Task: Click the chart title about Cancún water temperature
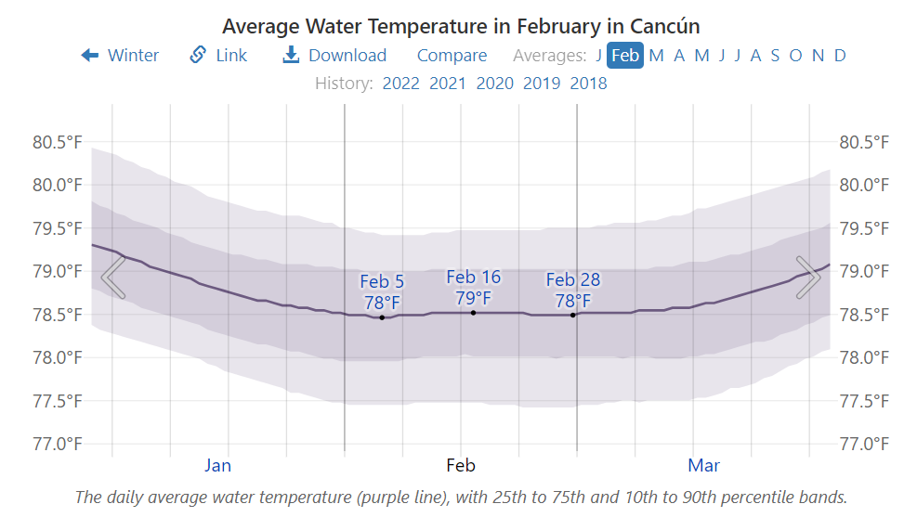click(x=461, y=25)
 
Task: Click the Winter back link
click(x=121, y=56)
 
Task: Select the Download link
click(x=334, y=56)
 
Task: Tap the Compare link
click(x=452, y=56)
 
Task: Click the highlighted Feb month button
click(x=625, y=56)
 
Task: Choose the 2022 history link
click(x=401, y=84)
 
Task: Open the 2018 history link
click(x=588, y=84)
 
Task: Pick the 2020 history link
click(x=494, y=84)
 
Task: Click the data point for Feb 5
click(x=382, y=317)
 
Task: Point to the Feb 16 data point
click(x=473, y=313)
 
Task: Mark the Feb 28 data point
click(x=572, y=315)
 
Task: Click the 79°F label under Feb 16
click(x=473, y=298)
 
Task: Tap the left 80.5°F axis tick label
click(x=58, y=143)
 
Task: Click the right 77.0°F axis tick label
click(x=864, y=444)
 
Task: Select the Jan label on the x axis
click(x=217, y=465)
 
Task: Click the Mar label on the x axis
click(x=703, y=465)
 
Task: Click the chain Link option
click(x=219, y=56)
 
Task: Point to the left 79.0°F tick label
click(x=58, y=272)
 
